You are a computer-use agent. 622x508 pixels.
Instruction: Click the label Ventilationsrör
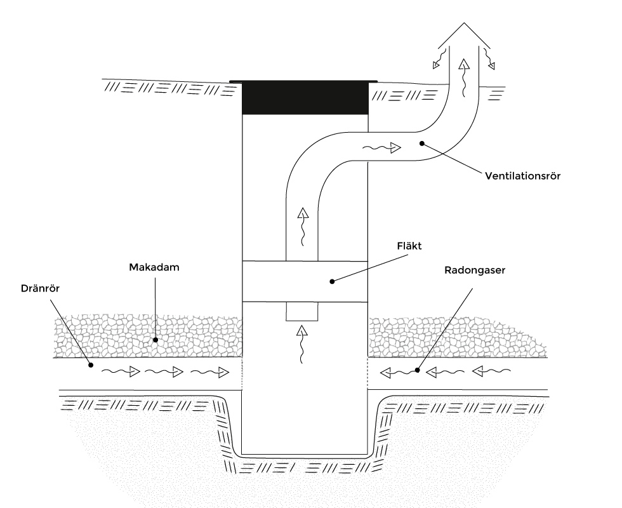[x=522, y=176]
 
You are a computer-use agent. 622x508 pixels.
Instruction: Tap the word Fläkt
[x=409, y=246]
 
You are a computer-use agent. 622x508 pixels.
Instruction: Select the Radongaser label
[x=475, y=271]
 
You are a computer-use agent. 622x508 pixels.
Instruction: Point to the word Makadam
[x=154, y=267]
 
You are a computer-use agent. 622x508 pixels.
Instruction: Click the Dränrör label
[x=40, y=288]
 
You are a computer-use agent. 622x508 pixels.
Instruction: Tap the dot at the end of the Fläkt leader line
[x=332, y=281]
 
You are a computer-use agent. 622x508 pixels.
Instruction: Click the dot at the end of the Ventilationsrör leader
[x=422, y=144]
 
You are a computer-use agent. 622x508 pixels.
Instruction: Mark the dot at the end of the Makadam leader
[x=155, y=340]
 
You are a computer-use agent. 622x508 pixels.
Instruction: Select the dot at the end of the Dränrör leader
[x=91, y=364]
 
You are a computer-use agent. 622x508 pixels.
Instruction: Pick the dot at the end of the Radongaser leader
[x=418, y=370]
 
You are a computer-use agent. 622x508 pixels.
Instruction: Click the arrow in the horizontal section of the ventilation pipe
[x=382, y=148]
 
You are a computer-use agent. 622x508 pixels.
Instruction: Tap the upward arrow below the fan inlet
[x=302, y=344]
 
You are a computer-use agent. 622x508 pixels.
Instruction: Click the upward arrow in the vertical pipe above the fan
[x=303, y=226]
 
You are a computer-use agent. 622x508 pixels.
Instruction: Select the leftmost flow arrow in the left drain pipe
[x=121, y=372]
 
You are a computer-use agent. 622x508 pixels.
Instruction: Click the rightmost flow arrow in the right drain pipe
[x=491, y=371]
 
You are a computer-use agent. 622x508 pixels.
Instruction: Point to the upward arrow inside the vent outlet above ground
[x=464, y=77]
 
